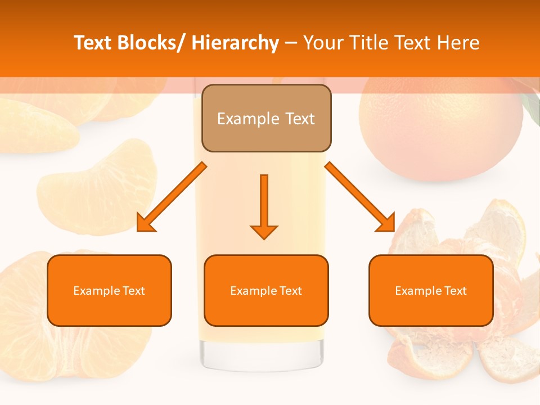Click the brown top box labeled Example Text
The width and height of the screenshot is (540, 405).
(266, 118)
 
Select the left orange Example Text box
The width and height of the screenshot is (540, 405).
(109, 290)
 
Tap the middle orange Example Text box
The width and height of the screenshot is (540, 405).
(266, 290)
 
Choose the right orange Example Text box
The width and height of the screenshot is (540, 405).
(431, 290)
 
